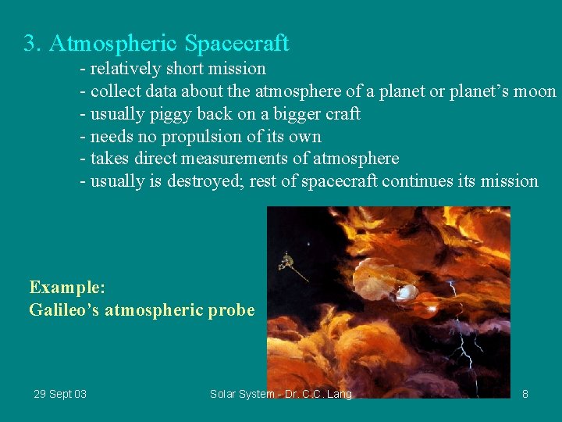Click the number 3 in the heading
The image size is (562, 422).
pyautogui.click(x=30, y=43)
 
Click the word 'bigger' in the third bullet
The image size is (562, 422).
pyautogui.click(x=299, y=115)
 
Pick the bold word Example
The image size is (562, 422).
pyautogui.click(x=66, y=287)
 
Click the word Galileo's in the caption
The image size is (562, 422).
pyautogui.click(x=64, y=310)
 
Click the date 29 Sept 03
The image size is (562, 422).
pyautogui.click(x=60, y=394)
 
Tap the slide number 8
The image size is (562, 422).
pyautogui.click(x=525, y=394)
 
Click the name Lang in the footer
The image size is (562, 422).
pyautogui.click(x=338, y=394)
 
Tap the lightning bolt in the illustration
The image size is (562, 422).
pyautogui.click(x=463, y=348)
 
